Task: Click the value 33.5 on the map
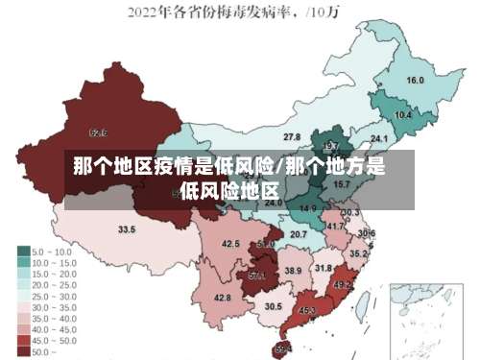[127, 230]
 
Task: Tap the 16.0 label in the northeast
[416, 81]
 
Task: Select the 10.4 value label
[403, 115]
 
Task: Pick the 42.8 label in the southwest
[223, 298]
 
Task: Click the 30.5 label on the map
[274, 306]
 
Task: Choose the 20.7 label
[299, 234]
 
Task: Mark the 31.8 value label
[324, 268]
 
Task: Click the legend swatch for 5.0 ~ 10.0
[23, 252]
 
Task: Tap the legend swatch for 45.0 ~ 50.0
[23, 341]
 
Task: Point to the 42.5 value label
[230, 245]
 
